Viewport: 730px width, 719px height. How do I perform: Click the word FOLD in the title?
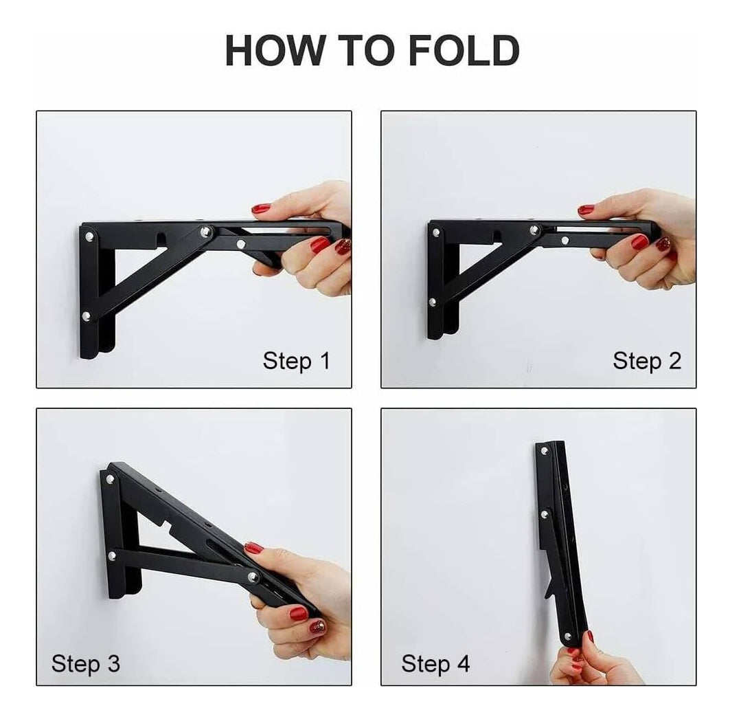click(464, 50)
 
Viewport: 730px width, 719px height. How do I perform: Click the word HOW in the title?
click(275, 50)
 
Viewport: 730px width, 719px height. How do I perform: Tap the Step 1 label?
click(296, 361)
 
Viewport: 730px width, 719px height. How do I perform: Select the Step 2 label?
click(647, 361)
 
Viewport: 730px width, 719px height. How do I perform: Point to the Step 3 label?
click(86, 663)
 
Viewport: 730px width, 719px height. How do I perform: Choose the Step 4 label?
click(435, 663)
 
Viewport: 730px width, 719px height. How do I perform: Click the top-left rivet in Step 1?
click(89, 236)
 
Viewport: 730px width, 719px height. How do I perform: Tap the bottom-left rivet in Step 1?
click(87, 317)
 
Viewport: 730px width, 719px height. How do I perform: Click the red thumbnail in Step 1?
click(261, 208)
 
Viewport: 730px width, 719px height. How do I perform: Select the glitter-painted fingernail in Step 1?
click(343, 246)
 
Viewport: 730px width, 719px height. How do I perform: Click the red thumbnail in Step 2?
click(586, 210)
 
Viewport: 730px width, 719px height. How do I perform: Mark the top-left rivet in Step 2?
click(436, 232)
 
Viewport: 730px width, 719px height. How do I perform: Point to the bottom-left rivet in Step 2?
click(433, 302)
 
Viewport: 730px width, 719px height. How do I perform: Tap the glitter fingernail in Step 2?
click(663, 245)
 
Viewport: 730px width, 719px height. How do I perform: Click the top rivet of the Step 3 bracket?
click(111, 478)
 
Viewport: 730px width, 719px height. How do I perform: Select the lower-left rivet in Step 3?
click(112, 555)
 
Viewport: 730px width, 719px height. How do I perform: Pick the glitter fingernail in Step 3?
click(318, 626)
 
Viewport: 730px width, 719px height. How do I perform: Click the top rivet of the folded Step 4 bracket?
click(544, 451)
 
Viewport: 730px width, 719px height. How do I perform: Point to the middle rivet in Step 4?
click(545, 514)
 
